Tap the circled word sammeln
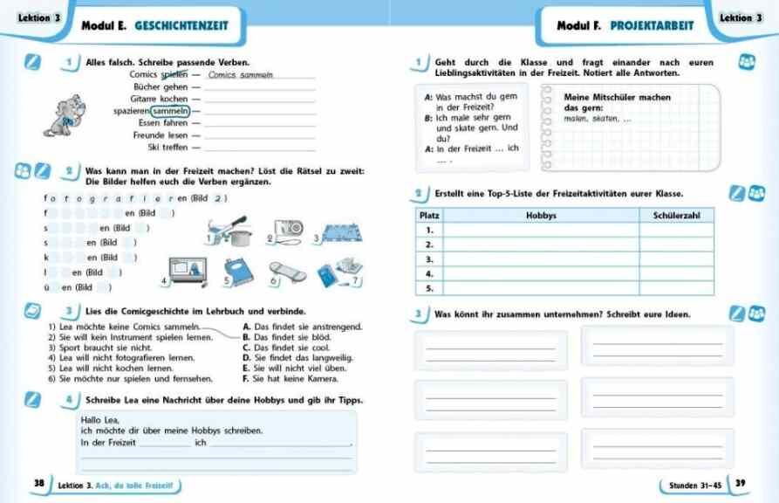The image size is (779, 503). click(170, 111)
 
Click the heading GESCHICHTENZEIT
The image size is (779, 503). click(181, 26)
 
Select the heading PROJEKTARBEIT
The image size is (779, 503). click(652, 26)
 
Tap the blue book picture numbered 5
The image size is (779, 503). click(239, 272)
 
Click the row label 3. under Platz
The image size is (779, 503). click(428, 258)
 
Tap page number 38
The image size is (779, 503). click(38, 483)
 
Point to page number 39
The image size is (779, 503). click(741, 483)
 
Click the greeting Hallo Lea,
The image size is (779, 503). click(99, 421)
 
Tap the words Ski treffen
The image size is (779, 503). click(166, 148)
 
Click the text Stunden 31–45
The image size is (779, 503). click(695, 484)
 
